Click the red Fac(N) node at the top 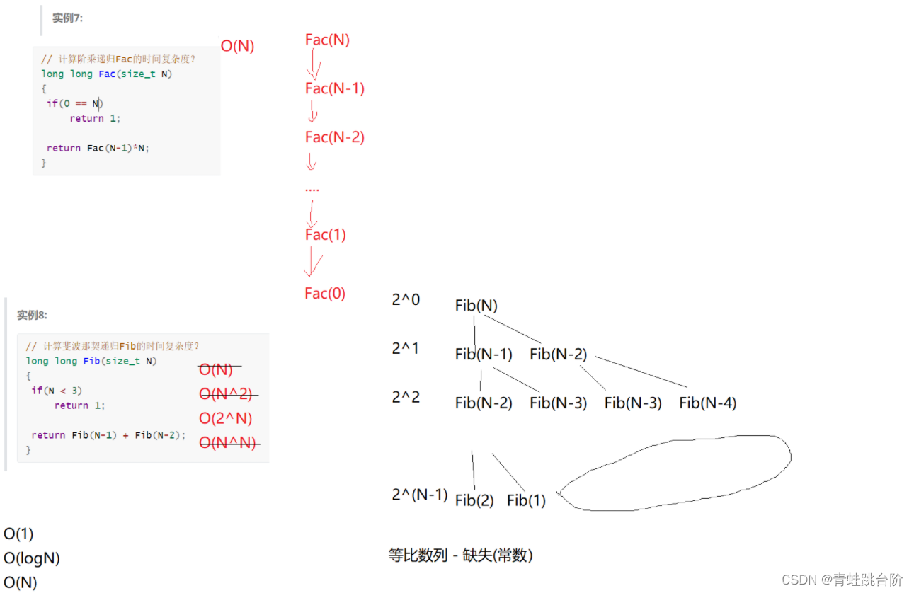pyautogui.click(x=327, y=40)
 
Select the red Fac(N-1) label pyautogui.click(x=335, y=88)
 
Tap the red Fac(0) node pyautogui.click(x=325, y=293)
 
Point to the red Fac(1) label pyautogui.click(x=326, y=235)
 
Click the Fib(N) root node pyautogui.click(x=476, y=306)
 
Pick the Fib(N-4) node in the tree pyautogui.click(x=708, y=403)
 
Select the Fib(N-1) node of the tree pyautogui.click(x=484, y=355)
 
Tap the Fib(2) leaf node pyautogui.click(x=474, y=500)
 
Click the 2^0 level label pyautogui.click(x=406, y=300)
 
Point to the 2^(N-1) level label pyautogui.click(x=420, y=495)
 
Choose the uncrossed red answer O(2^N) pyautogui.click(x=226, y=418)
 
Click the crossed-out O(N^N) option pyautogui.click(x=227, y=443)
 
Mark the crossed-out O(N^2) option pyautogui.click(x=226, y=394)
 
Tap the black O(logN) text pyautogui.click(x=32, y=558)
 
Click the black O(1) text pyautogui.click(x=18, y=534)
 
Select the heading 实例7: pyautogui.click(x=67, y=18)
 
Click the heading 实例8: pyautogui.click(x=32, y=315)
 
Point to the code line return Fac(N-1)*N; pyautogui.click(x=98, y=148)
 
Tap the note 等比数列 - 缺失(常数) pyautogui.click(x=460, y=555)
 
